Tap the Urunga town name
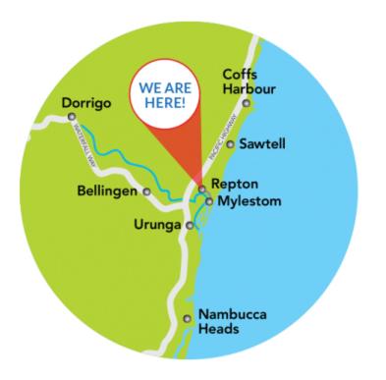pyautogui.click(x=157, y=225)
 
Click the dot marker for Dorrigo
pyautogui.click(x=72, y=116)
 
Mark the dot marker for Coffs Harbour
pyautogui.click(x=247, y=102)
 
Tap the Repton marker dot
pyautogui.click(x=201, y=188)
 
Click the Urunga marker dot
pyautogui.click(x=190, y=225)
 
